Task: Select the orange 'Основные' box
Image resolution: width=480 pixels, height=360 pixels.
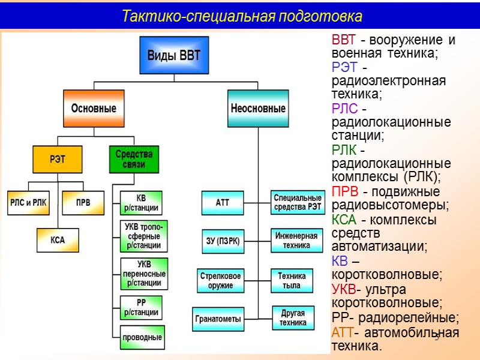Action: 94,109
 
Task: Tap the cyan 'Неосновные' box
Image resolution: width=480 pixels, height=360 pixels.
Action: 258,109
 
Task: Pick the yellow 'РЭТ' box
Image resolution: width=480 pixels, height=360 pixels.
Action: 58,160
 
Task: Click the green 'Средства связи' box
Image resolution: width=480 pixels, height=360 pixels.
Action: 135,160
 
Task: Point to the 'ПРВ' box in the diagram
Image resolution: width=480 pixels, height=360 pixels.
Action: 83,203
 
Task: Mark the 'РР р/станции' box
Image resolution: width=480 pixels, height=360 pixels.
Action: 142,308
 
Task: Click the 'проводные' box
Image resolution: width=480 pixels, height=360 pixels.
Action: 142,337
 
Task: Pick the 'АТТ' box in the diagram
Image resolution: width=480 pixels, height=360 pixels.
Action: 223,203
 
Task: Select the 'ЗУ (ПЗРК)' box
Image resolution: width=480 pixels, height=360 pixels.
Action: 223,241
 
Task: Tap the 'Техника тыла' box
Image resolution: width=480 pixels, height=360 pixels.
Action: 292,280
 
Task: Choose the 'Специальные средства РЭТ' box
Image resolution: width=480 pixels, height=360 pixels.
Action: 298,203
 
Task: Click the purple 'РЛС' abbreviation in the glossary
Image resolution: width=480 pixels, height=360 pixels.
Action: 344,109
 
